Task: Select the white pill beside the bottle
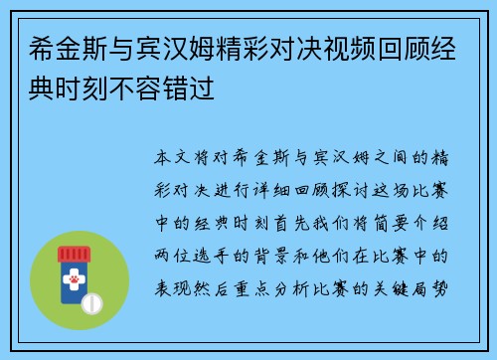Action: (x=97, y=300)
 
